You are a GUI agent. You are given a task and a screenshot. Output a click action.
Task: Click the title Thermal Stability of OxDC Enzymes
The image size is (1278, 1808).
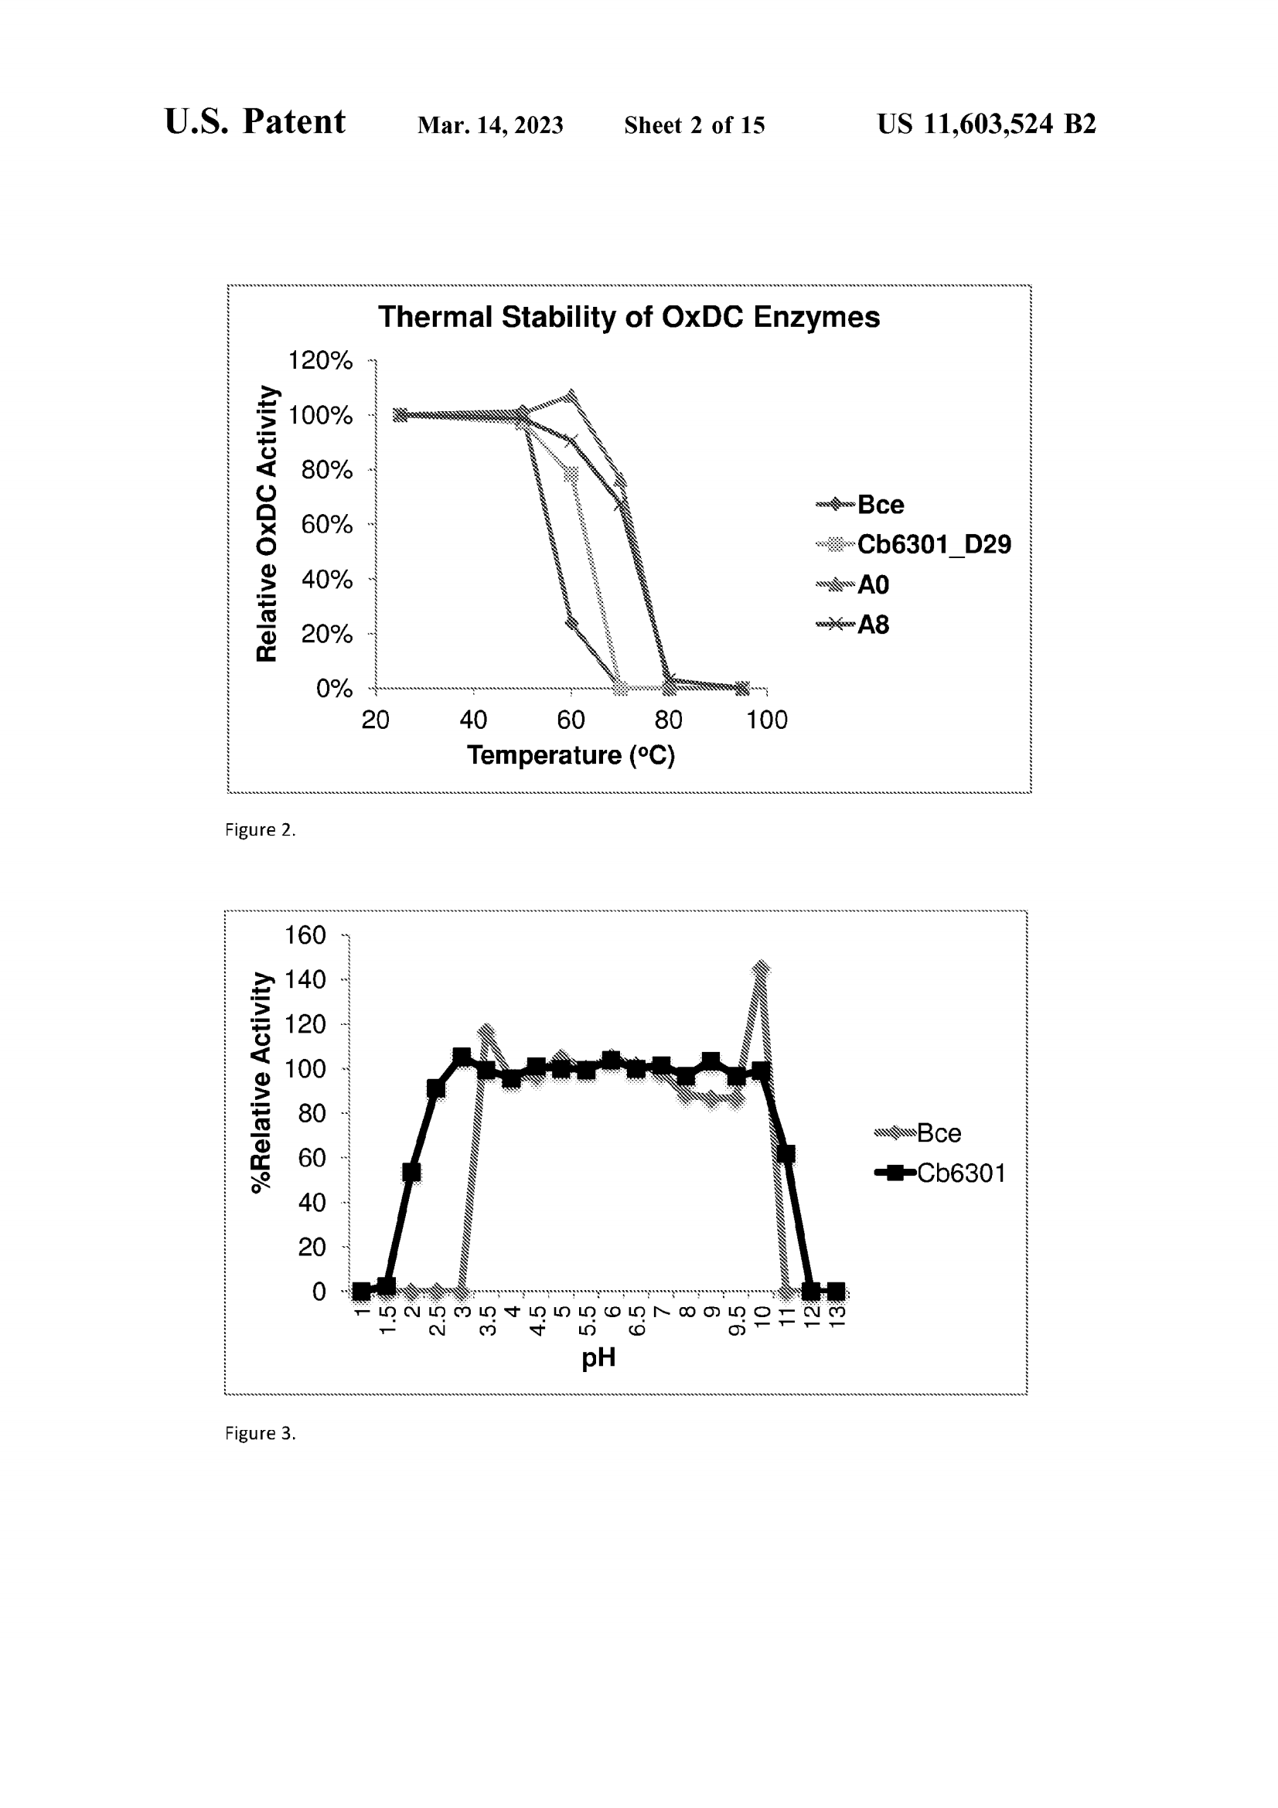pos(629,318)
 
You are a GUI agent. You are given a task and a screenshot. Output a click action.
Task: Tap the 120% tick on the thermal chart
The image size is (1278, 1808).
pos(321,361)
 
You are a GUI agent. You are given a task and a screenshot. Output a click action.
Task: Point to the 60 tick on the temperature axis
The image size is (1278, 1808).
pos(571,720)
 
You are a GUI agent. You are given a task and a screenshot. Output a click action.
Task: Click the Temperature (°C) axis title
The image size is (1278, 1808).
pos(571,755)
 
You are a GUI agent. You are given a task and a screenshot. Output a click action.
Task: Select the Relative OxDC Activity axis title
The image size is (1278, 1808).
pos(267,523)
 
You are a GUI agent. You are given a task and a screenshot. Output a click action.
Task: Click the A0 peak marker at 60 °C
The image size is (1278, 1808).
pos(571,395)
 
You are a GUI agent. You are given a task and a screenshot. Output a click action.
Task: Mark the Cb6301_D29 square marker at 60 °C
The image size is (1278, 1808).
pos(571,474)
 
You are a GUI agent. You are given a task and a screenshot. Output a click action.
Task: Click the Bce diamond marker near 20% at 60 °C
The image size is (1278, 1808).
pos(571,624)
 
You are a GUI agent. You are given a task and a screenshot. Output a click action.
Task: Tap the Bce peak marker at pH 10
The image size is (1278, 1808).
pos(761,968)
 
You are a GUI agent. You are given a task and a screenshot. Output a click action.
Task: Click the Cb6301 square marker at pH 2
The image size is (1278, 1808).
pos(411,1173)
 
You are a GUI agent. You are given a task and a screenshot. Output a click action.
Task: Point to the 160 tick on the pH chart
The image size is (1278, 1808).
pos(305,935)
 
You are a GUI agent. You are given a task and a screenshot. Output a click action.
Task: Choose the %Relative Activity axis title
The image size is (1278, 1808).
pos(261,1083)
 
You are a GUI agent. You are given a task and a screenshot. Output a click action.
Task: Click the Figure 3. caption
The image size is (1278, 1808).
pos(260,1433)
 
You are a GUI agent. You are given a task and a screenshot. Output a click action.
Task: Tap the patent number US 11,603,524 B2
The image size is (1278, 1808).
pos(986,124)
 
